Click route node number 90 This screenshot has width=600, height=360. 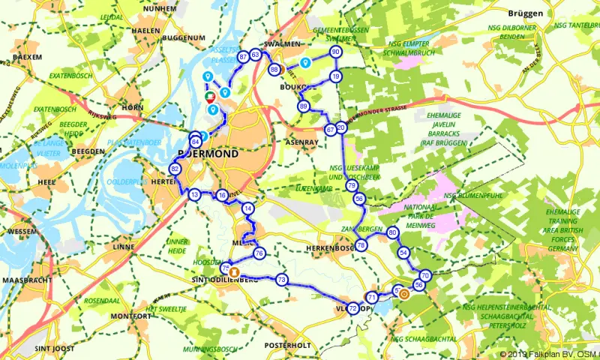pyautogui.click(x=335, y=52)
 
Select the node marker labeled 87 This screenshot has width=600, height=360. pyautogui.click(x=243, y=57)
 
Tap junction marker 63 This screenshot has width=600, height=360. pyautogui.click(x=256, y=55)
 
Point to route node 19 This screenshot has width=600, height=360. pyautogui.click(x=336, y=76)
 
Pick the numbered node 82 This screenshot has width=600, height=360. pyautogui.click(x=175, y=169)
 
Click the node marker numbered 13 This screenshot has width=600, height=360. pyautogui.click(x=194, y=195)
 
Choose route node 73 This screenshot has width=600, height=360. pyautogui.click(x=281, y=280)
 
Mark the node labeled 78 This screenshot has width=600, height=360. pyautogui.click(x=361, y=245)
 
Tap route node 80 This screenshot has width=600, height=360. pyautogui.click(x=392, y=232)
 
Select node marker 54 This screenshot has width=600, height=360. pyautogui.click(x=403, y=253)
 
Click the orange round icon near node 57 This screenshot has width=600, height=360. pyautogui.click(x=404, y=293)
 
